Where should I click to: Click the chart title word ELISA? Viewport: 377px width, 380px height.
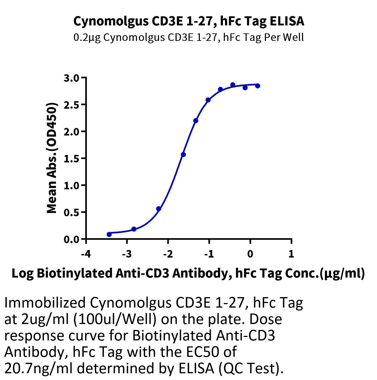pos(287,21)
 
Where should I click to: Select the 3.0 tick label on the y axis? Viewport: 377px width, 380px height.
pos(72,78)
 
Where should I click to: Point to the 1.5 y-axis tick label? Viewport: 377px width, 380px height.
pos(72,159)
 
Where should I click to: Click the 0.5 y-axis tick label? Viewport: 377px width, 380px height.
pos(72,212)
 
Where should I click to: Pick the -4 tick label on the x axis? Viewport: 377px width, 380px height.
pos(86,254)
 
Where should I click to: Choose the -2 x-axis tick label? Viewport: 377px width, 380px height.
pos(168,254)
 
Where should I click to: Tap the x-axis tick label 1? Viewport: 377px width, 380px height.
pos(291,254)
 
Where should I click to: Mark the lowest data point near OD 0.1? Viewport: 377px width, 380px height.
pos(109,234)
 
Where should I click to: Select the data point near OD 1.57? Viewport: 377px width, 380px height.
pos(183,154)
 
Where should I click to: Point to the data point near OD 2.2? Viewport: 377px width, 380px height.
pos(195,121)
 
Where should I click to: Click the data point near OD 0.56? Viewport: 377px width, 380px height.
pos(159,209)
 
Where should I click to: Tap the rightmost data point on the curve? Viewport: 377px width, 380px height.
pos(258,86)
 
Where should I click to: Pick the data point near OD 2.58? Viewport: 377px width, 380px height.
pos(208,100)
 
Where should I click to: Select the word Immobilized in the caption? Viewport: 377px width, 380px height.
pos(45,303)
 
